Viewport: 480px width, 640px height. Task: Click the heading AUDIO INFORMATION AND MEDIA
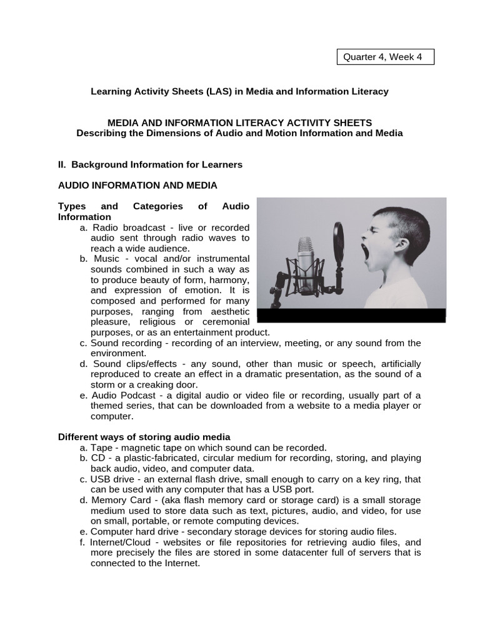(137, 185)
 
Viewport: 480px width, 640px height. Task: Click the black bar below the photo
(351, 315)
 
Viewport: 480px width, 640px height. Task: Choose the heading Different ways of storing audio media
(144, 436)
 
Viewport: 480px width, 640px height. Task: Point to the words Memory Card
(118, 500)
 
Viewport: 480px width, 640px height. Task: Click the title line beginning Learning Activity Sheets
(239, 91)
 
